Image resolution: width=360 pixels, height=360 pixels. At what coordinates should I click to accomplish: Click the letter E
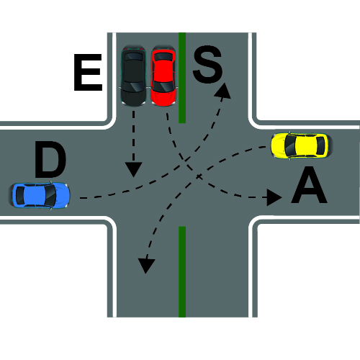tap(88, 73)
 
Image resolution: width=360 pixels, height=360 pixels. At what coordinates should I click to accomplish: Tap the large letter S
tap(208, 64)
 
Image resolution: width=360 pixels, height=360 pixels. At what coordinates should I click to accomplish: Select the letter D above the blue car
tap(50, 160)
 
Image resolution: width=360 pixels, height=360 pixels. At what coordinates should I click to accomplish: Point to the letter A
tap(309, 185)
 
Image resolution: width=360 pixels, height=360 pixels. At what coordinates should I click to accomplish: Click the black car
tap(133, 76)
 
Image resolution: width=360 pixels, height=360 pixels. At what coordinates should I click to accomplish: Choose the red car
tap(163, 76)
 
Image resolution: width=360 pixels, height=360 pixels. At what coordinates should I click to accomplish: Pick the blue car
tap(40, 195)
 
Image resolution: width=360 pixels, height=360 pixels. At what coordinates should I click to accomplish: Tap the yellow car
tap(302, 145)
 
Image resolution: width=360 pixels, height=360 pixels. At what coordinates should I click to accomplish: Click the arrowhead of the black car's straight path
tap(133, 170)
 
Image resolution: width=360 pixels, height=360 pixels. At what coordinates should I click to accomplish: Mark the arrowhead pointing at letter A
tap(274, 197)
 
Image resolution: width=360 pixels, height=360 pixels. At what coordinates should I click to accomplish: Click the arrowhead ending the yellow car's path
tap(146, 266)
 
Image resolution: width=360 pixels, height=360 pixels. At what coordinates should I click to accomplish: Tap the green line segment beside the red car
tap(182, 78)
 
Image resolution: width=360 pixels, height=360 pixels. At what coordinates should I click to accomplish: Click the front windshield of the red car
tap(163, 86)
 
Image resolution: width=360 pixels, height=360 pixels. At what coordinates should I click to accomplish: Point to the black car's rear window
tap(133, 57)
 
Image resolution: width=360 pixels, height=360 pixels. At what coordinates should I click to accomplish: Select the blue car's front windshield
tap(50, 195)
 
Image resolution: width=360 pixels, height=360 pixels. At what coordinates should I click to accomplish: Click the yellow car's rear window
tap(320, 145)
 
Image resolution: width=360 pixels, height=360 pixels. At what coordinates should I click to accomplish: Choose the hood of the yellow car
tap(278, 145)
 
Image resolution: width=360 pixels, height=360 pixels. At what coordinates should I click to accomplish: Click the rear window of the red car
tap(163, 57)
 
